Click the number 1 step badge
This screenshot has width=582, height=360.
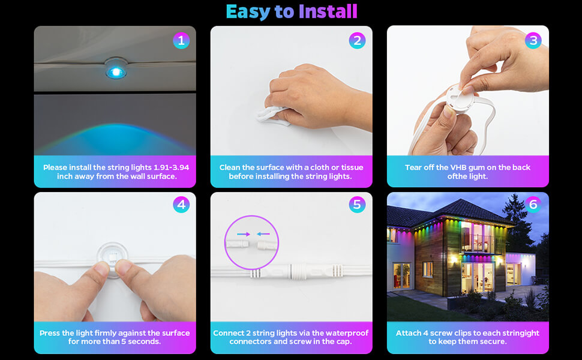pyautogui.click(x=181, y=41)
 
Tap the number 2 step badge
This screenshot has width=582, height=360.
pyautogui.click(x=357, y=41)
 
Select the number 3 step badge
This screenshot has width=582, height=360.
pyautogui.click(x=533, y=41)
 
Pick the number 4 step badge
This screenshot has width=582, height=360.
pyautogui.click(x=181, y=205)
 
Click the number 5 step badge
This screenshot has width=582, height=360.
pyautogui.click(x=357, y=205)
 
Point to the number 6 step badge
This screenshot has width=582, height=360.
pyautogui.click(x=533, y=205)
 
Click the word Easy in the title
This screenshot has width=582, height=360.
pyautogui.click(x=247, y=11)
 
